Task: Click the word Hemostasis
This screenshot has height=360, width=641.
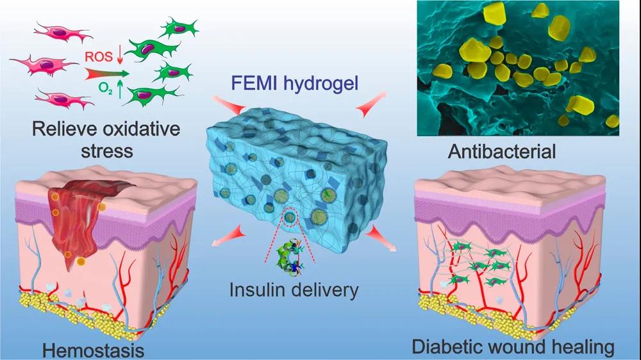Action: pos(94,350)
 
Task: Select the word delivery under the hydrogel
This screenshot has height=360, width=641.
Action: pos(325,290)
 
